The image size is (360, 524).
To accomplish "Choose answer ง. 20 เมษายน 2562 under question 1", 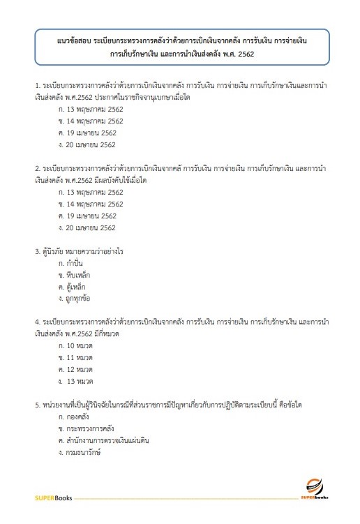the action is (x=88, y=144).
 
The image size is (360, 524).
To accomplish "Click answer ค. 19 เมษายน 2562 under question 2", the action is (x=88, y=216).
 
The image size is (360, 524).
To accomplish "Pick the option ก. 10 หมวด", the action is (x=76, y=345).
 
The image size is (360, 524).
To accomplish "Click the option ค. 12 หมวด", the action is (x=76, y=369).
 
